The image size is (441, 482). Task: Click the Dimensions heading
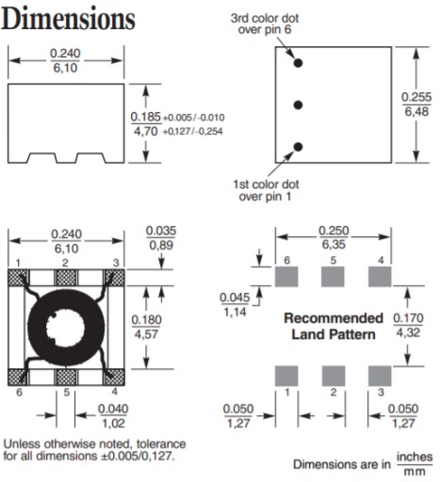point(68,19)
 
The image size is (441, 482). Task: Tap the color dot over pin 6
point(298,63)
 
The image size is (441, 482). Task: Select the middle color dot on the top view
point(298,104)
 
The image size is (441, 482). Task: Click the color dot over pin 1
point(298,147)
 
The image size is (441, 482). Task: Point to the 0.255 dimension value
point(416,97)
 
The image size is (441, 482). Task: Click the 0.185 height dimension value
point(146,117)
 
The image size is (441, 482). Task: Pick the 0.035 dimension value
point(161,231)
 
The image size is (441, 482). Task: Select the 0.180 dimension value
point(147,320)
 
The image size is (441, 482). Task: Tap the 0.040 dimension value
point(113,409)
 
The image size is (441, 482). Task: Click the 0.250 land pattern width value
point(334,231)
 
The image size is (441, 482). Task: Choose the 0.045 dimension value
point(235,297)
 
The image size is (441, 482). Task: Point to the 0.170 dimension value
point(408,318)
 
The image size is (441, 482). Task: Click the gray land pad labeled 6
point(286,277)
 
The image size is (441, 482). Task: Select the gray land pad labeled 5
point(333,277)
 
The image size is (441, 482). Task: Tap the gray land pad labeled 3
point(380,376)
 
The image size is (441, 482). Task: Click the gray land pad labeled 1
point(286,376)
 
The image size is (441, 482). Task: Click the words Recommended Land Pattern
point(334,327)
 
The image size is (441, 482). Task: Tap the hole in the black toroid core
point(66,328)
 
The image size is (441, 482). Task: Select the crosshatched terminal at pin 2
point(66,278)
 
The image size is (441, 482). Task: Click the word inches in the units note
point(415,457)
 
